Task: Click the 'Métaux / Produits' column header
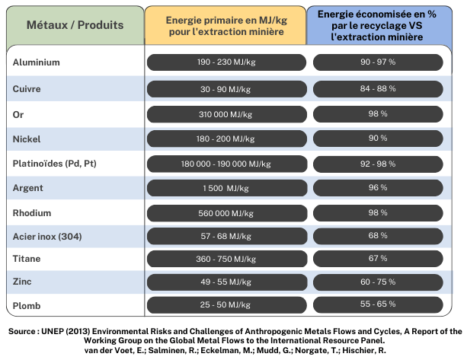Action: pyautogui.click(x=75, y=25)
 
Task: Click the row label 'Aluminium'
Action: pyautogui.click(x=37, y=63)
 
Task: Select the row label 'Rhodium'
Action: pyautogui.click(x=32, y=212)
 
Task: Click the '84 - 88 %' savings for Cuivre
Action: pyautogui.click(x=378, y=88)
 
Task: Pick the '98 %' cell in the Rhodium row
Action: pyautogui.click(x=378, y=212)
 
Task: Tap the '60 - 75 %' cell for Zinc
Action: pyautogui.click(x=378, y=282)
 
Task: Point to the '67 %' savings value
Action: pyautogui.click(x=378, y=258)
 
